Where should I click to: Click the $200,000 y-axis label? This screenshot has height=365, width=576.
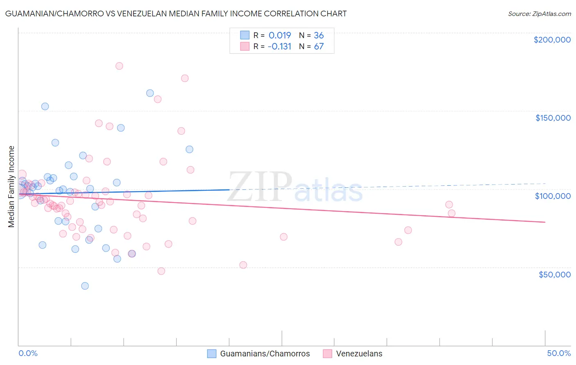coord(552,40)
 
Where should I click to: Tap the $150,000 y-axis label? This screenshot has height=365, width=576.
coord(553,118)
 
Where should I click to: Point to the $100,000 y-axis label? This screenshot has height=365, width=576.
coord(553,196)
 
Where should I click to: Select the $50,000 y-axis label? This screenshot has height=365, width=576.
coord(554,274)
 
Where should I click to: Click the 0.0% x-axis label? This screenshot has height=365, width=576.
coord(28,353)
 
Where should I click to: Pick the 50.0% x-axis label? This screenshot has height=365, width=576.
coord(558,353)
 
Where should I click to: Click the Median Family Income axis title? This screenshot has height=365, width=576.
coord(11,187)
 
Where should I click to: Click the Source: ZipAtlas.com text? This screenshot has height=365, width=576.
coord(539,14)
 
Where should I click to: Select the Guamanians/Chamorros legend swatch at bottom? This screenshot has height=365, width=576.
coord(212,354)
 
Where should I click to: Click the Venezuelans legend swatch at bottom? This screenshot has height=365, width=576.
coord(327,354)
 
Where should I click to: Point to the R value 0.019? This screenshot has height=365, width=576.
coord(280,35)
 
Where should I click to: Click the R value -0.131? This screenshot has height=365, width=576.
coord(279,46)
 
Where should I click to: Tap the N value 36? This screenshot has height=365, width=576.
coord(319,35)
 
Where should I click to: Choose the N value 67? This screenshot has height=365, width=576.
coord(319,46)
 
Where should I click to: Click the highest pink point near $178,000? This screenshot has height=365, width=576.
coord(119,66)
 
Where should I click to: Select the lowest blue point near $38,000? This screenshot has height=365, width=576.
coord(85,286)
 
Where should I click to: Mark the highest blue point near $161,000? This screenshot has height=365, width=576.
coord(150,93)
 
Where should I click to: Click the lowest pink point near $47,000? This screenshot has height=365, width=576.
coord(161,271)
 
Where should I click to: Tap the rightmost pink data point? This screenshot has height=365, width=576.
coord(451,213)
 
